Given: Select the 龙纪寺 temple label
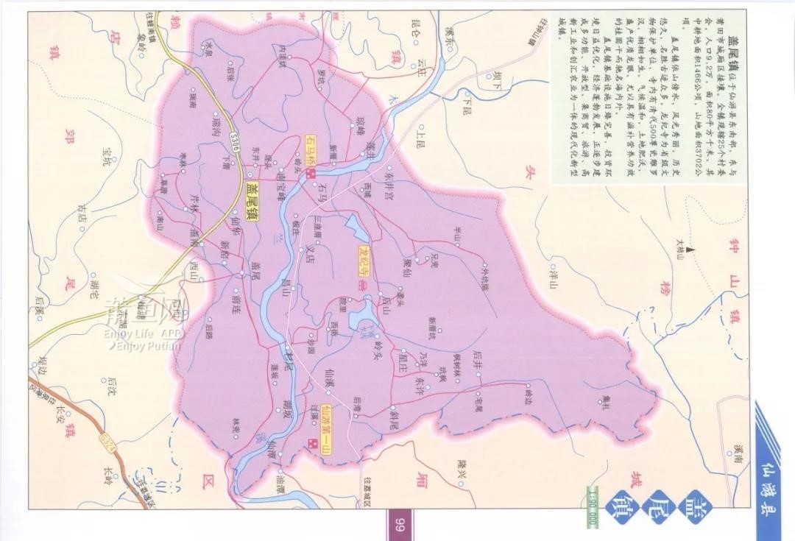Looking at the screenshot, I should (x=362, y=259).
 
